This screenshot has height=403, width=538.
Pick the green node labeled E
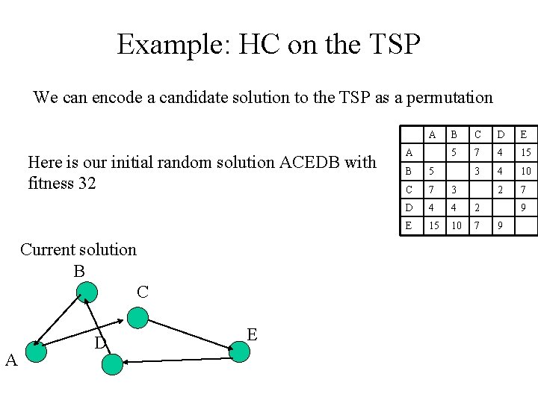239,351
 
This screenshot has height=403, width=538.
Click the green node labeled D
111,364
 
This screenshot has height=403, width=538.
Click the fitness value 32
87,183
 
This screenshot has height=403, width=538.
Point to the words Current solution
78,249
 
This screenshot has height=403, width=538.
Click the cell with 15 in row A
525,153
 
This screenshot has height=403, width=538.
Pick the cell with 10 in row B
525,171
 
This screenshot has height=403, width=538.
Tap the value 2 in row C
501,189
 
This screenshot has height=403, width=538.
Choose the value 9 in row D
525,207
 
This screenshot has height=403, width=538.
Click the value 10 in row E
455,225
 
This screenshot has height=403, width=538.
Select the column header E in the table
524,134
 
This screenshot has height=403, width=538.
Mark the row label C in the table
409,189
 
